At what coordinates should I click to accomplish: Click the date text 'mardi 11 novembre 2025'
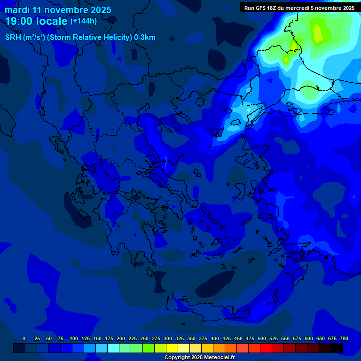pyautogui.click(x=58, y=10)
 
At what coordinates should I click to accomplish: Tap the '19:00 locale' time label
pyautogui.click(x=36, y=21)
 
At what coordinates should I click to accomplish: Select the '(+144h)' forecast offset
pyautogui.click(x=83, y=21)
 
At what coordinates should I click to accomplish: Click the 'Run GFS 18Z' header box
pyautogui.click(x=299, y=8)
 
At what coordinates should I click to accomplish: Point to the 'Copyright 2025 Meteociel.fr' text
pyautogui.click(x=199, y=357)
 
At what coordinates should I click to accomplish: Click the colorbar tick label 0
pyautogui.click(x=24, y=338)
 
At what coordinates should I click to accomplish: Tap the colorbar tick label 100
pyautogui.click(x=74, y=338)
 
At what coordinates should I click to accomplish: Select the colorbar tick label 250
pyautogui.click(x=144, y=338)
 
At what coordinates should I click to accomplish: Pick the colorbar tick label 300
pyautogui.click(x=168, y=338)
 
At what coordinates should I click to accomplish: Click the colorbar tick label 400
pyautogui.click(x=215, y=338)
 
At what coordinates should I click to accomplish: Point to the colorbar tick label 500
pyautogui.click(x=262, y=338)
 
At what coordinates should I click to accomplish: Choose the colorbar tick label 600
pyautogui.click(x=309, y=338)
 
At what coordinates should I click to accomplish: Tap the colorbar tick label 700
pyautogui.click(x=344, y=338)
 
